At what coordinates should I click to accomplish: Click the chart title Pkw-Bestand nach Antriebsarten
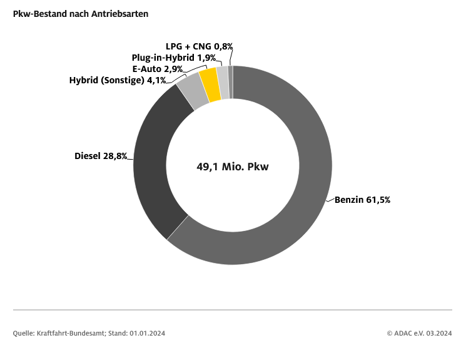pyautogui.click(x=81, y=14)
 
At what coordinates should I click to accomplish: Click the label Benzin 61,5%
pyautogui.click(x=363, y=200)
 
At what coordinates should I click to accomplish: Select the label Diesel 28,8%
pyautogui.click(x=101, y=155)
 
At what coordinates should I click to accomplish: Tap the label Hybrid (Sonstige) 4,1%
pyautogui.click(x=118, y=80)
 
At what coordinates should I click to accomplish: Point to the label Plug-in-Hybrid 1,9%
pyautogui.click(x=173, y=58)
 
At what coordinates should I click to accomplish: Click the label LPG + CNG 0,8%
pyautogui.click(x=199, y=46)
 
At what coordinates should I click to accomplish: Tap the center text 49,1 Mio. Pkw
pyautogui.click(x=233, y=167)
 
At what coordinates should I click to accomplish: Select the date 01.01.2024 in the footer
pyautogui.click(x=148, y=333)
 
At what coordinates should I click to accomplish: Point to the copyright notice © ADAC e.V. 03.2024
pyautogui.click(x=419, y=333)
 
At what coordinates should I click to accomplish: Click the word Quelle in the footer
pyautogui.click(x=23, y=333)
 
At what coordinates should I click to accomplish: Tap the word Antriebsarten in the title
pyautogui.click(x=123, y=14)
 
